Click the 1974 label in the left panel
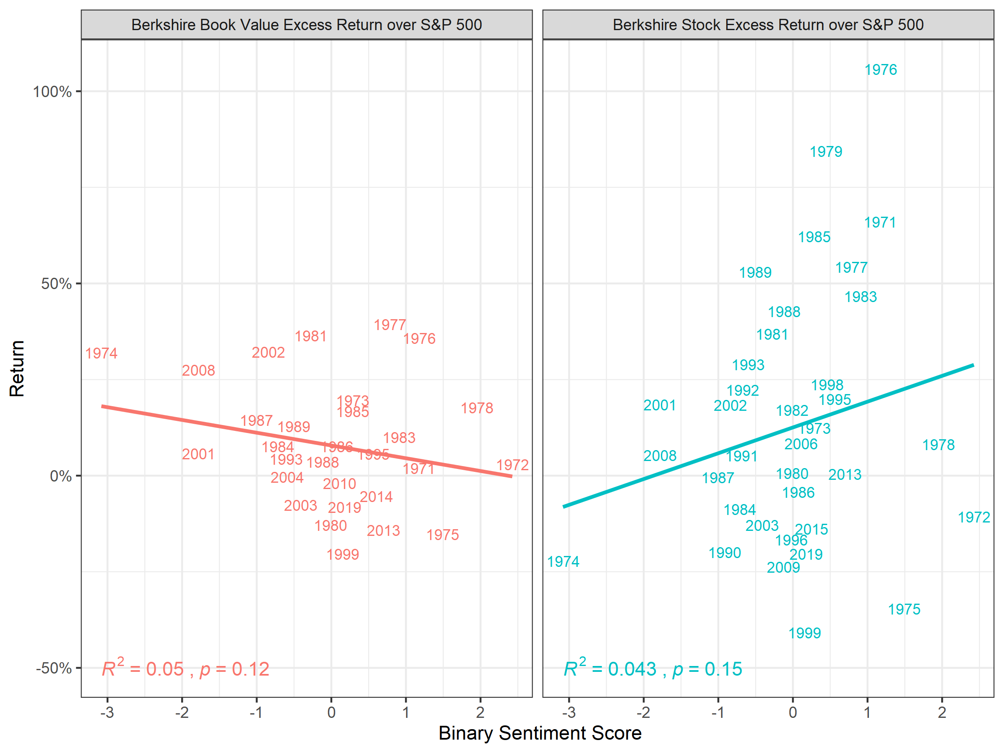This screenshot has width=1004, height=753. click(x=101, y=353)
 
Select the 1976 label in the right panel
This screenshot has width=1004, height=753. click(x=881, y=70)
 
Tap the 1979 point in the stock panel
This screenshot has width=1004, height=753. click(x=826, y=151)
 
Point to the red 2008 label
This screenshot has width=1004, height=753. click(x=198, y=370)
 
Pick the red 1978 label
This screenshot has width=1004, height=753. click(x=476, y=408)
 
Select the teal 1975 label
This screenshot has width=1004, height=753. click(x=904, y=609)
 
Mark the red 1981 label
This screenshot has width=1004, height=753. click(x=310, y=336)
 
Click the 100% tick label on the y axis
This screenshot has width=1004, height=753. click(x=52, y=92)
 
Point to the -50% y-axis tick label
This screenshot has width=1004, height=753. click(x=54, y=668)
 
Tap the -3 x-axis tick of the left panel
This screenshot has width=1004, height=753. click(x=107, y=712)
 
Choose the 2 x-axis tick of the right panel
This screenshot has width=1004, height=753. click(x=942, y=712)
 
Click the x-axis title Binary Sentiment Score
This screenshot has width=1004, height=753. click(x=540, y=733)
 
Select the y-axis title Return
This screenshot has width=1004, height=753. click(x=17, y=369)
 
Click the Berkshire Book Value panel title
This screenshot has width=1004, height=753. click(x=306, y=25)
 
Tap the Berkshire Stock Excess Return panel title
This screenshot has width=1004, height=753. click(x=768, y=25)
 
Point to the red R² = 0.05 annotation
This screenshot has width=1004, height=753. click(x=185, y=668)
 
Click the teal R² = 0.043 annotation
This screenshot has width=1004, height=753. click(x=652, y=668)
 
